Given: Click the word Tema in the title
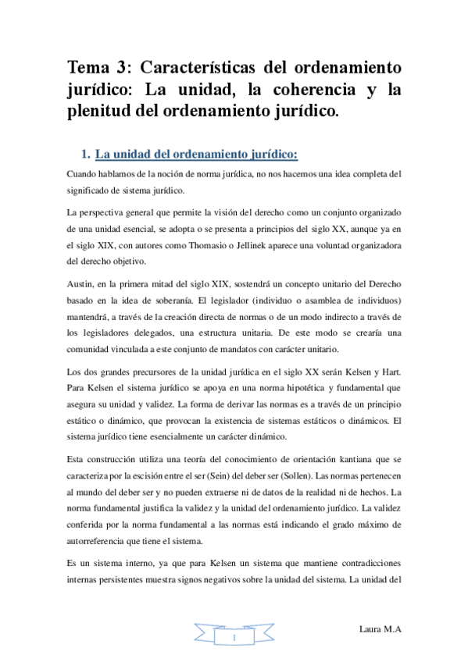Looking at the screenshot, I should click(89, 66).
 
